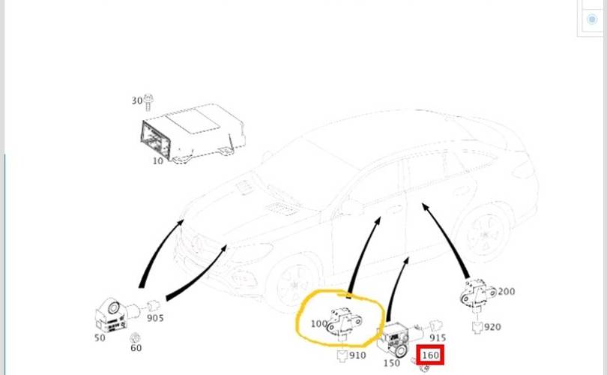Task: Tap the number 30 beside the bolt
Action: (136, 100)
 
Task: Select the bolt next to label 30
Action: (148, 99)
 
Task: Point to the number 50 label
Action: (100, 338)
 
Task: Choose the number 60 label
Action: (136, 348)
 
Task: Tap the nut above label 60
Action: (135, 337)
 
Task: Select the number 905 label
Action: (155, 318)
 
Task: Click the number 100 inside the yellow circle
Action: (318, 325)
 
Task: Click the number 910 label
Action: (357, 355)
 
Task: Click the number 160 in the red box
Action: (431, 355)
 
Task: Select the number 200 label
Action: (507, 292)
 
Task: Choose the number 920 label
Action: (492, 327)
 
